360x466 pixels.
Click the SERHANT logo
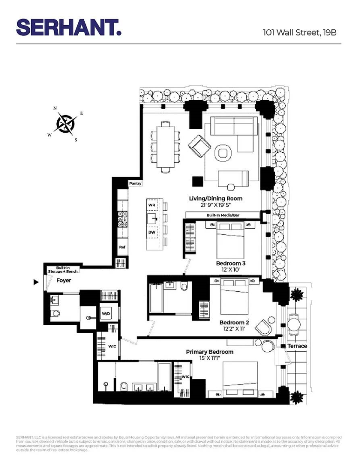click(x=69, y=27)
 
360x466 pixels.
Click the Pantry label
click(x=135, y=184)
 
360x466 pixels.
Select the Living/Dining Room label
click(x=216, y=199)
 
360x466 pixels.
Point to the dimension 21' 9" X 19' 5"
click(x=216, y=205)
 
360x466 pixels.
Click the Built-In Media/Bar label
click(x=222, y=215)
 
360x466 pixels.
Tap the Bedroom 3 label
click(x=231, y=263)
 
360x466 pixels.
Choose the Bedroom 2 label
click(x=234, y=322)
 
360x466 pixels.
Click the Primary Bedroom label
click(x=210, y=352)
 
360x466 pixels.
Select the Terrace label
click(x=297, y=346)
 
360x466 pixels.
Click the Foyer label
click(x=64, y=281)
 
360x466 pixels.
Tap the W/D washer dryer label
click(x=106, y=314)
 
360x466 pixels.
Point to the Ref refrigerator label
click(x=122, y=247)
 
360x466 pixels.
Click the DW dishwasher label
click(x=152, y=232)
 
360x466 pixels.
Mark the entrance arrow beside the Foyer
click(x=35, y=282)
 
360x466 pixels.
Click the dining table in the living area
click(x=165, y=146)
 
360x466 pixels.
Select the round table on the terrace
click(x=294, y=323)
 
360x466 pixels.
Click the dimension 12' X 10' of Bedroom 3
click(x=231, y=270)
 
